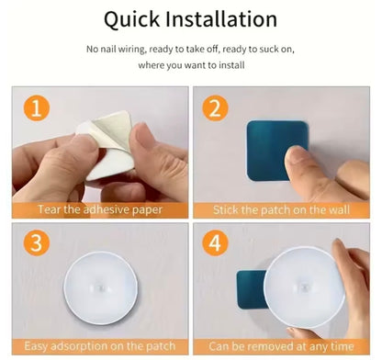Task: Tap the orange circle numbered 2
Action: pyautogui.click(x=215, y=109)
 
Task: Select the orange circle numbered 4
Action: pyautogui.click(x=215, y=244)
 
